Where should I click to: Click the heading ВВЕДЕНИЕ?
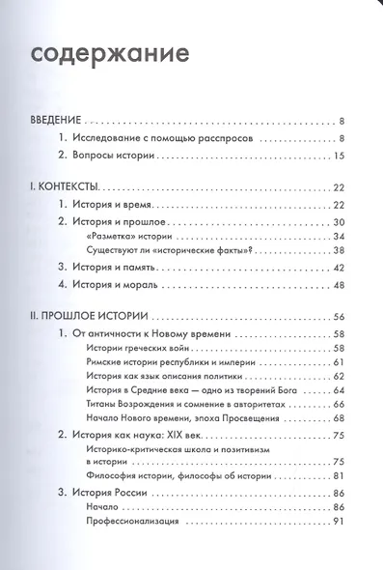(53, 122)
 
